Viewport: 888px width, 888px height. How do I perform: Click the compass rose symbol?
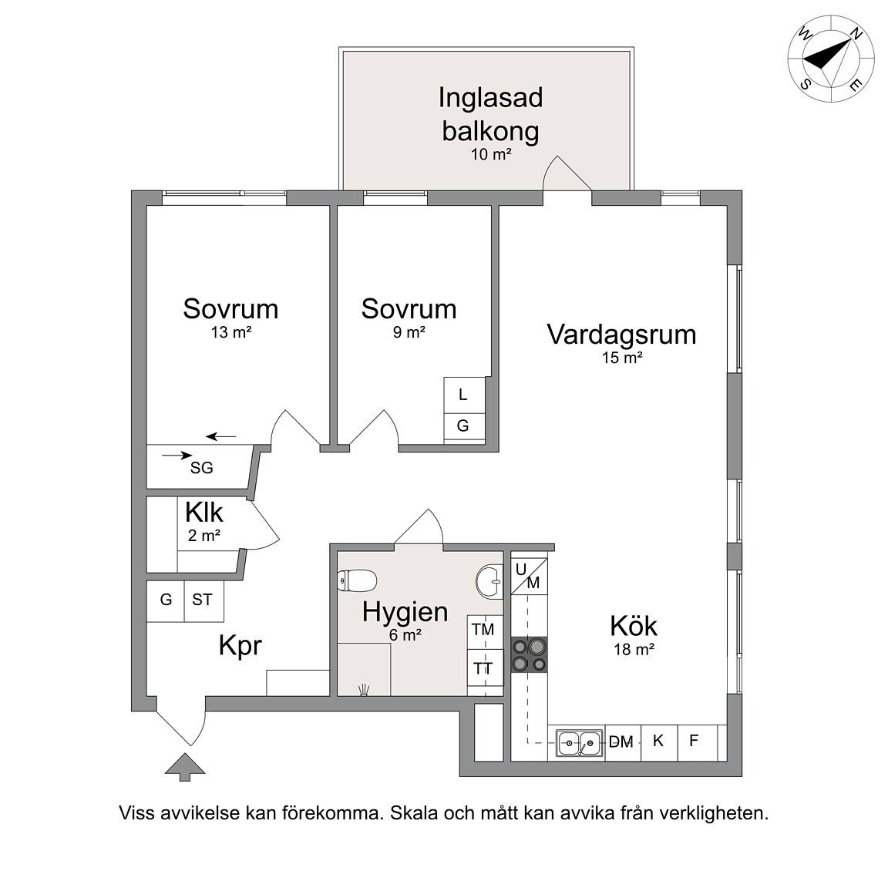pos(832,59)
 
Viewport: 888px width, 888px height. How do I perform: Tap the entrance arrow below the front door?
pos(185,767)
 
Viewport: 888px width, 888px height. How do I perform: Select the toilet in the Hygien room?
pos(357,580)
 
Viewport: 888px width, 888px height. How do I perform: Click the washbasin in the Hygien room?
pos(489,580)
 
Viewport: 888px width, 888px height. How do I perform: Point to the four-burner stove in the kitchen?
pos(530,654)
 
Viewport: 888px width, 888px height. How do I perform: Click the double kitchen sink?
pos(580,742)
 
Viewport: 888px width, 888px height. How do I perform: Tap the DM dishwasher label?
pos(621,742)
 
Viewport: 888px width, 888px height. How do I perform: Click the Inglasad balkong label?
pos(490,114)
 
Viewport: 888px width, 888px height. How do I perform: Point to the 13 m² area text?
pos(231,332)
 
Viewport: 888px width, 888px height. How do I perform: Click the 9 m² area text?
pos(409,332)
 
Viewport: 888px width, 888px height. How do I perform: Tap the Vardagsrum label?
pos(621,334)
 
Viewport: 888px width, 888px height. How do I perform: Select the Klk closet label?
pos(203,513)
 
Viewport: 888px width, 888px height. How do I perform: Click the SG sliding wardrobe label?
pos(202,468)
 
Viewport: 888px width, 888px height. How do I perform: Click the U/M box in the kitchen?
pos(529,576)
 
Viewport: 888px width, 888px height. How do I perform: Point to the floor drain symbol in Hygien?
pos(364,688)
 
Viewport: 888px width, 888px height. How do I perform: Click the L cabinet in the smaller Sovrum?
pos(464,395)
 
